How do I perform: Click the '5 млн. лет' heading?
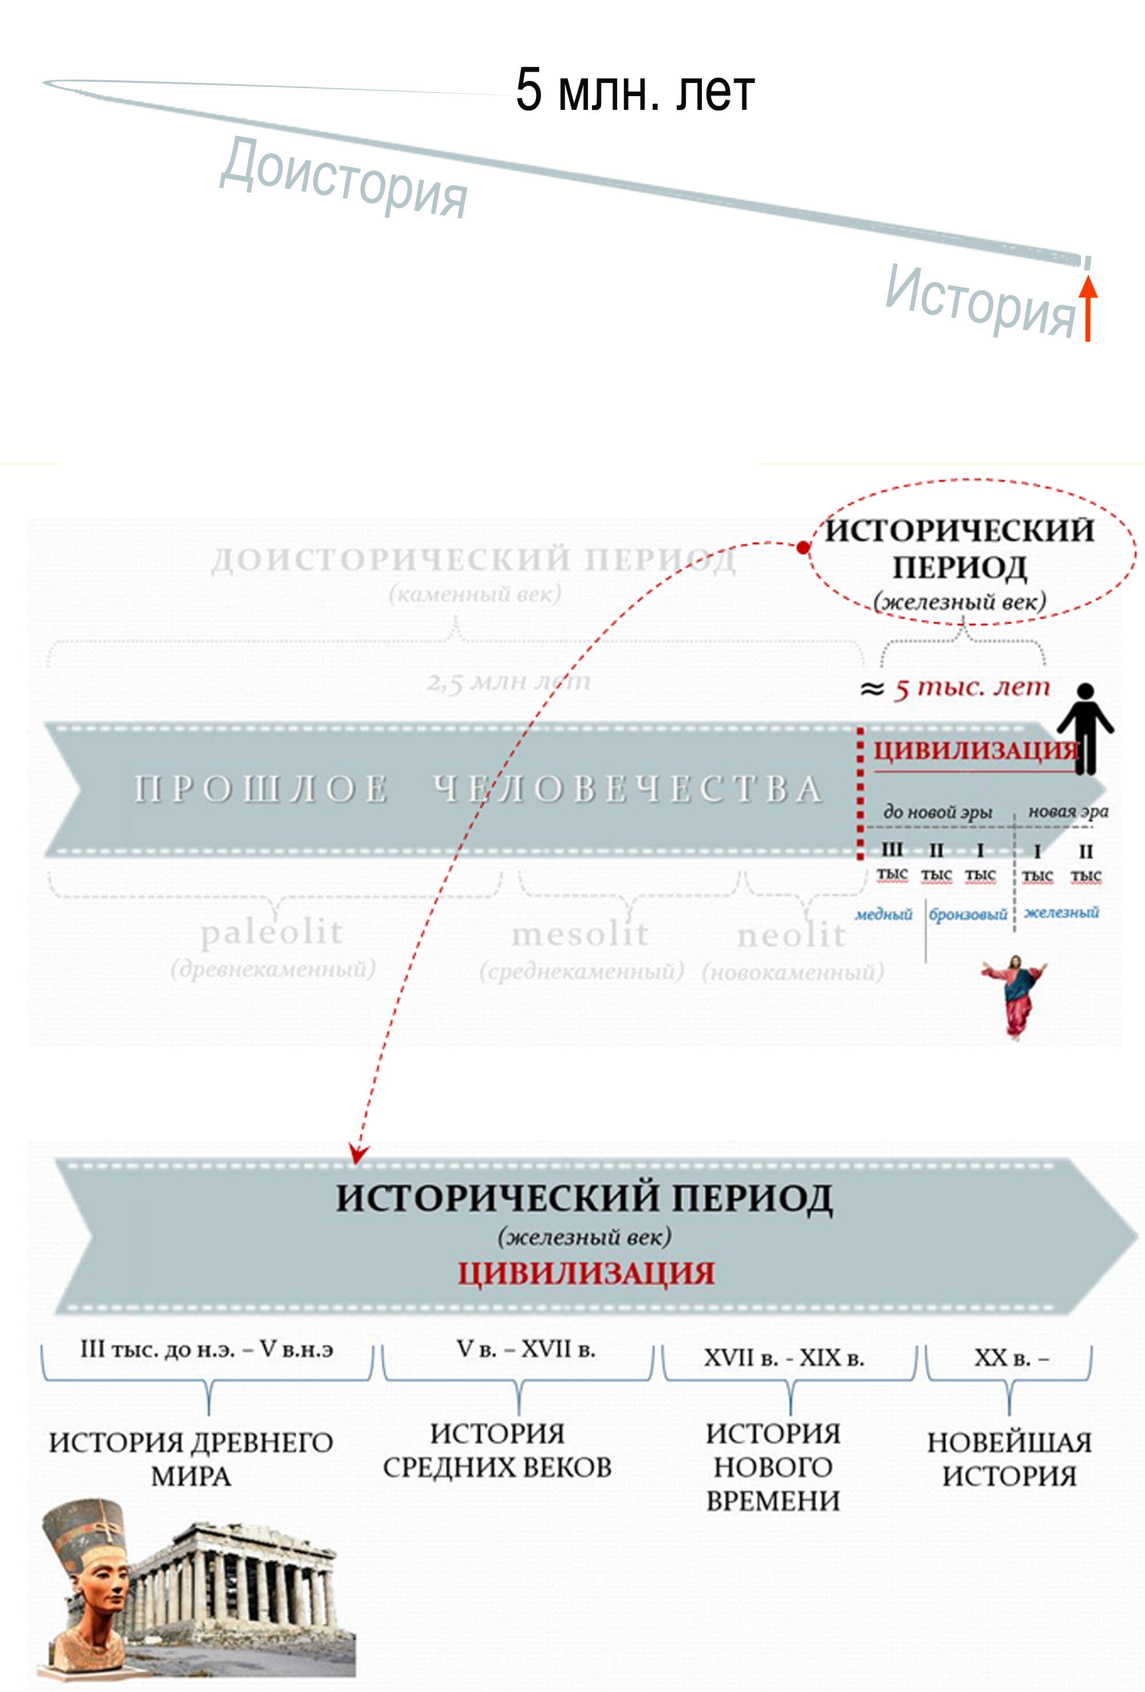[634, 90]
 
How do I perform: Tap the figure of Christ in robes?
[1014, 996]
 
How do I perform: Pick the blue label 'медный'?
[883, 914]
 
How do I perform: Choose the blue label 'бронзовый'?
[968, 914]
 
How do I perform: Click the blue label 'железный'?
[1061, 912]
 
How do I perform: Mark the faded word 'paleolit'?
[272, 932]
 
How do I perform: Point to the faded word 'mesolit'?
[580, 934]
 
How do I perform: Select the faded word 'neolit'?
[791, 936]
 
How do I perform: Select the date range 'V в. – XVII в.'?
[526, 1349]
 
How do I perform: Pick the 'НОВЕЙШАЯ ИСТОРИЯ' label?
[1009, 1459]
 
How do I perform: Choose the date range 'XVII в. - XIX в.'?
[784, 1358]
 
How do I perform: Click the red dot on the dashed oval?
[803, 548]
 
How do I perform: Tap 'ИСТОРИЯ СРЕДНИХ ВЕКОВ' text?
[498, 1451]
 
